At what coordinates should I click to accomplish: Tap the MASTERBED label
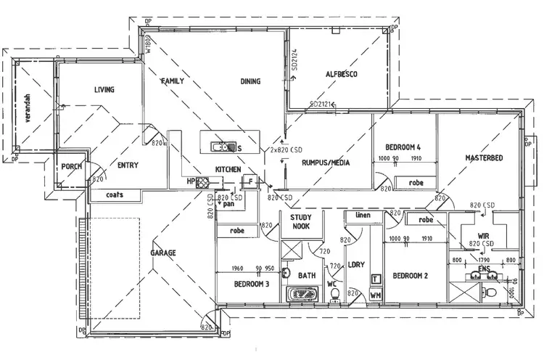(485, 157)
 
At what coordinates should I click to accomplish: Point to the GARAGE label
(163, 253)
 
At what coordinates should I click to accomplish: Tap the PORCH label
(73, 166)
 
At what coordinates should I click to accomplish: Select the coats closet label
(115, 195)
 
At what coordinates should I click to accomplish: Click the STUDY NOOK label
(301, 222)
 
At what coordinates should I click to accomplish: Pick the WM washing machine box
(376, 295)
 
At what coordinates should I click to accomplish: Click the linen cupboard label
(362, 216)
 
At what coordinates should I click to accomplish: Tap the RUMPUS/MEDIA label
(326, 163)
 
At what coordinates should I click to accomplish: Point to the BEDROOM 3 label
(252, 284)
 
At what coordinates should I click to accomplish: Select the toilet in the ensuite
(491, 291)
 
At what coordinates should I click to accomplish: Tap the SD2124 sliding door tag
(295, 61)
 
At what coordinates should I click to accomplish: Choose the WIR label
(484, 235)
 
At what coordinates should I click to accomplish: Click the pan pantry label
(228, 204)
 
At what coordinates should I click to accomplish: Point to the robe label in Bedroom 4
(416, 183)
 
